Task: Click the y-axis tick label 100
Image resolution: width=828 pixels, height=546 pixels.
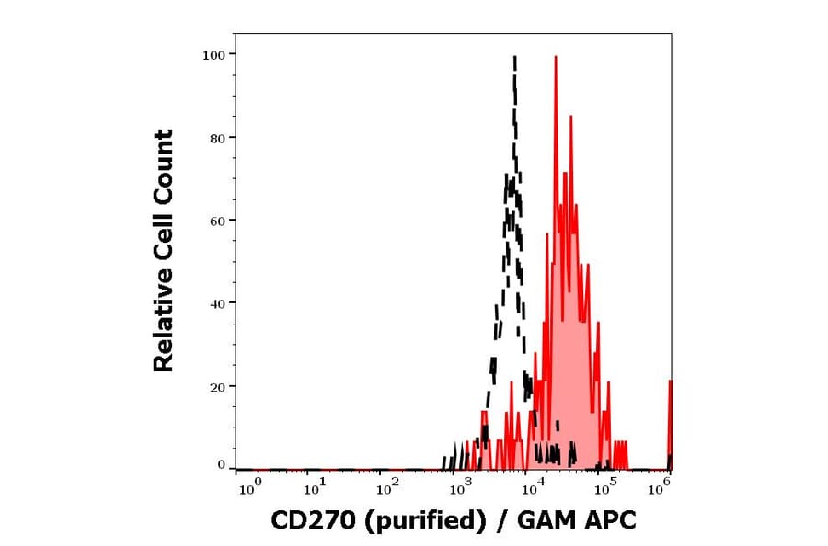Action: (213, 55)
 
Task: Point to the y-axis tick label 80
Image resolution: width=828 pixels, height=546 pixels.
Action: (217, 138)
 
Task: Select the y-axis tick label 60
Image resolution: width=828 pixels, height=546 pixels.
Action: (217, 221)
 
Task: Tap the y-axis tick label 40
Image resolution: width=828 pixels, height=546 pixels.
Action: (217, 303)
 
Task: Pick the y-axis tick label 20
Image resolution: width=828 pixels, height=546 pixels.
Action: (217, 387)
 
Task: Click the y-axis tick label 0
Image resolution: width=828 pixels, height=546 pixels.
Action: (221, 465)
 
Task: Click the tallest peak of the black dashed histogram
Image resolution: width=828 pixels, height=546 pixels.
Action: (514, 58)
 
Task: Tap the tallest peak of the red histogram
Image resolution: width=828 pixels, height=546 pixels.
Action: (556, 58)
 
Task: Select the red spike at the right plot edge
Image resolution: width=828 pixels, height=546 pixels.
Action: (670, 382)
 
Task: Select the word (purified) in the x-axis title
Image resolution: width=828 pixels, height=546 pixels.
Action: (424, 521)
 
